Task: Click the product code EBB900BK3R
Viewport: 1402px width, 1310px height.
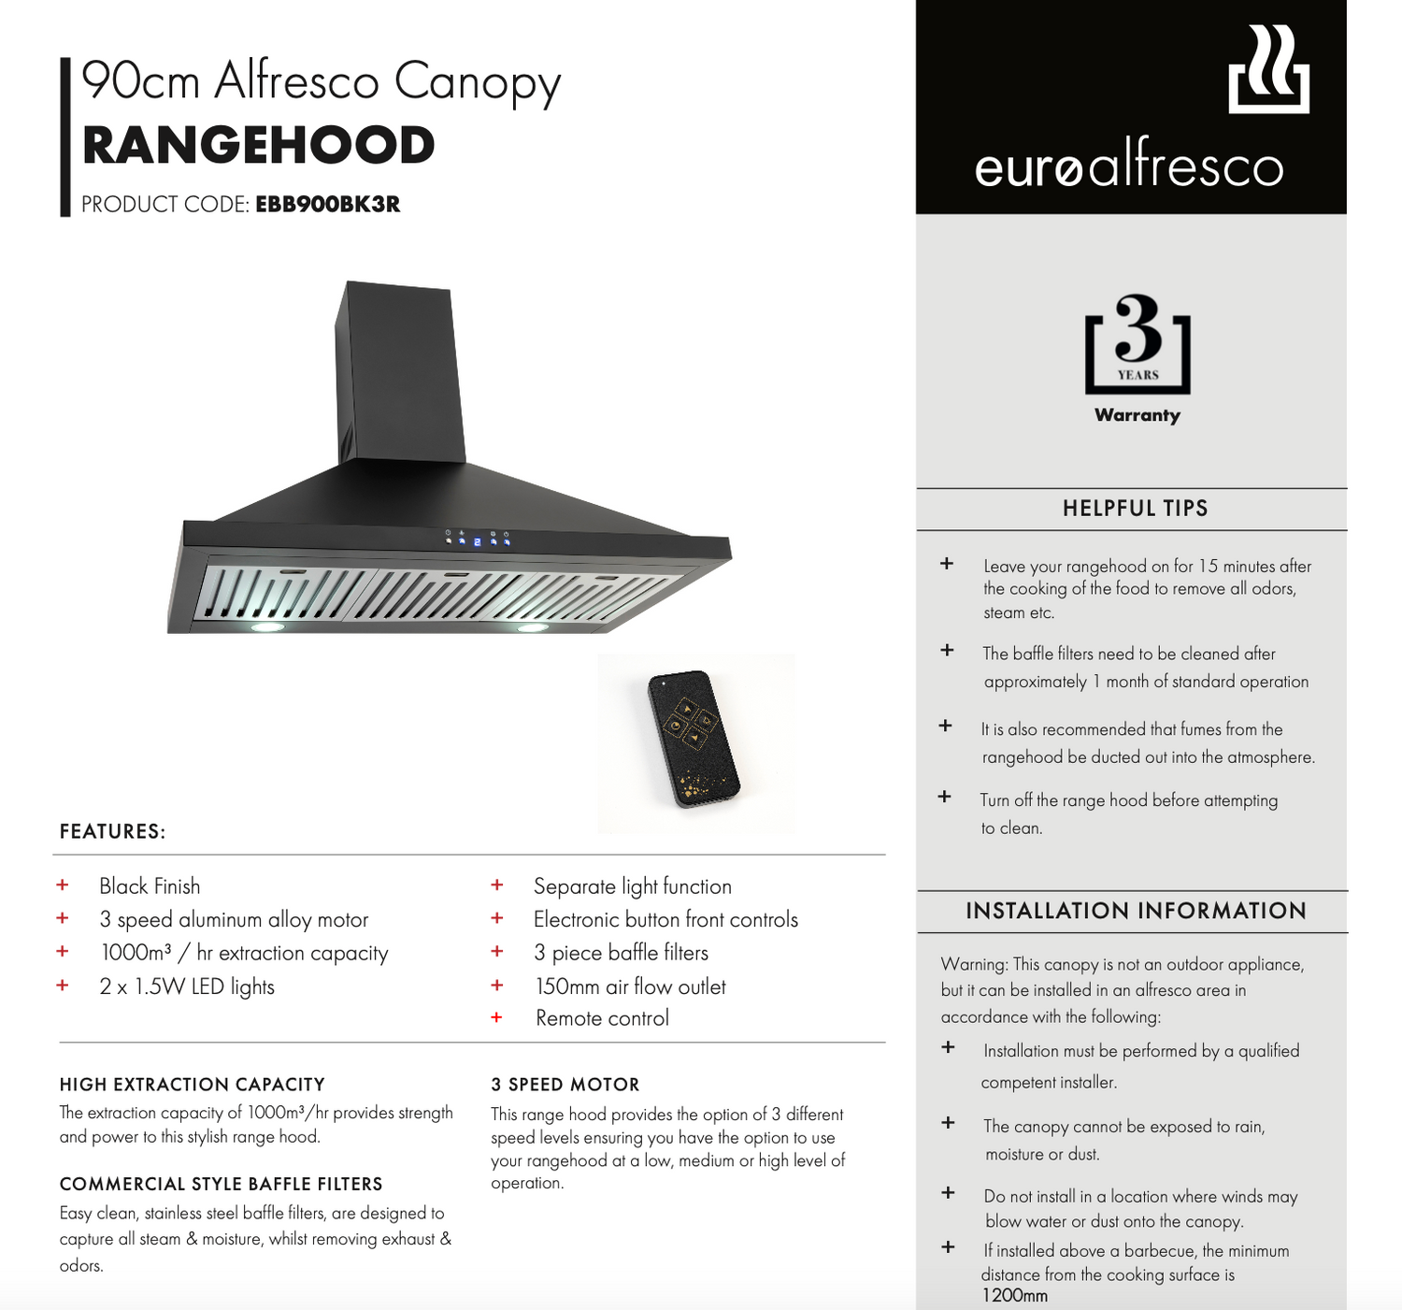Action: (x=327, y=204)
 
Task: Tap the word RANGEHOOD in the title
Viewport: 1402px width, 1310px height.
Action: (x=258, y=146)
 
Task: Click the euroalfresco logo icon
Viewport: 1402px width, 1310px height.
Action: (x=1268, y=70)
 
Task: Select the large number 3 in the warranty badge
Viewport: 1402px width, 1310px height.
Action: (x=1137, y=328)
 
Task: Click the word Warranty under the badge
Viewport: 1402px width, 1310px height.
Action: (x=1137, y=415)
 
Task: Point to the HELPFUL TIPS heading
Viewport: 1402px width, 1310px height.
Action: (x=1135, y=509)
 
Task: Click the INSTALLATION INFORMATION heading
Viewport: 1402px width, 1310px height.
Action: (x=1136, y=911)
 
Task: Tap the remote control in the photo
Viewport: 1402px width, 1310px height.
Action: (x=694, y=739)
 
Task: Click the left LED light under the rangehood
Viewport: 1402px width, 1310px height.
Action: (x=267, y=626)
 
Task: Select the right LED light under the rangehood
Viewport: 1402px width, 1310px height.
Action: (x=532, y=627)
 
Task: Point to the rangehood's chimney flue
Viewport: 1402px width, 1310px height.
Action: (x=399, y=374)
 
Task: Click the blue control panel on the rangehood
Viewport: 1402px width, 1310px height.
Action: (x=477, y=540)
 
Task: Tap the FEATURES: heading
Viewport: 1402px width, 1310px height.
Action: (x=112, y=831)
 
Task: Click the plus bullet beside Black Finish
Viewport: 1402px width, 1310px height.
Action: (x=63, y=885)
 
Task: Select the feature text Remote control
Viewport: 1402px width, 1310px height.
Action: (x=602, y=1018)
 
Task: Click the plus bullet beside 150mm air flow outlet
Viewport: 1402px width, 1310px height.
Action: (x=497, y=986)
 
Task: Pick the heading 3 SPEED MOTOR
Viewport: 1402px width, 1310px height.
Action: (x=565, y=1085)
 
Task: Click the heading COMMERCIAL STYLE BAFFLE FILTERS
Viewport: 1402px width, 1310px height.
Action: (x=221, y=1184)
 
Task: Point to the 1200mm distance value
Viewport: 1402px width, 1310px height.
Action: (x=1014, y=1296)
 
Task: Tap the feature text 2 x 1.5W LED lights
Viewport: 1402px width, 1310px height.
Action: (x=187, y=986)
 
